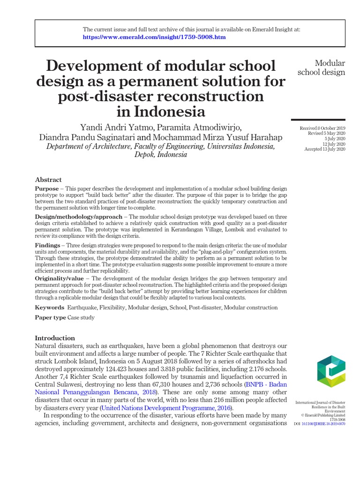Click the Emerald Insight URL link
[154, 37]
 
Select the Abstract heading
[48, 180]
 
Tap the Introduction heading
[55, 338]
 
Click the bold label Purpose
[47, 188]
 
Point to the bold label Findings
[47, 246]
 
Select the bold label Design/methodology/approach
[78, 217]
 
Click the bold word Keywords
[50, 307]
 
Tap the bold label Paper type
[51, 318]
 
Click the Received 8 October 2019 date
[322, 128]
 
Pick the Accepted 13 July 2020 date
[324, 149]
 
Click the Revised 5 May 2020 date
[326, 134]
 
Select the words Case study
[81, 318]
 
